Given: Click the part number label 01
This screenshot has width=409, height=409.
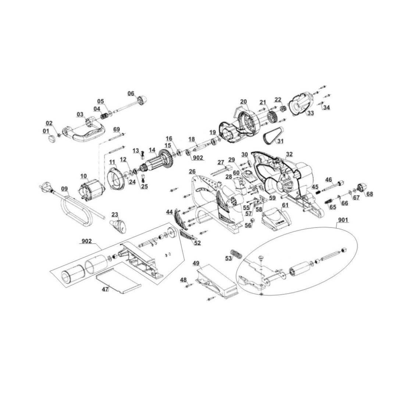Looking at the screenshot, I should click(46, 131).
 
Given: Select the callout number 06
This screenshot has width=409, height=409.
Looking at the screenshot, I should click(131, 93).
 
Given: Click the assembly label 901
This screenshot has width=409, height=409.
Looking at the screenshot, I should click(343, 220).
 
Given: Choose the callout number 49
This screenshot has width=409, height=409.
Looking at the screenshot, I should click(196, 263).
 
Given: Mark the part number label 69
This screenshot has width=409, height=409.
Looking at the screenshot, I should click(117, 129).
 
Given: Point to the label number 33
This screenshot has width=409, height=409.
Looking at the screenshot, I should click(310, 113).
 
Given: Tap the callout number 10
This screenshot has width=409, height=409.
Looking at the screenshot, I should click(84, 176).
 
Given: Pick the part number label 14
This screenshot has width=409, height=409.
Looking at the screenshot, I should click(152, 150).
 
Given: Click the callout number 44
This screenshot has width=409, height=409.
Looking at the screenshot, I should click(169, 212).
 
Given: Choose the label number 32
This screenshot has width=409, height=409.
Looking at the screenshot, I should click(289, 154).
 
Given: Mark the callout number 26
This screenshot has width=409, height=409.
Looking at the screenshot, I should click(192, 171).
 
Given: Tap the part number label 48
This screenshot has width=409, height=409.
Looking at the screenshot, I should click(183, 280).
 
